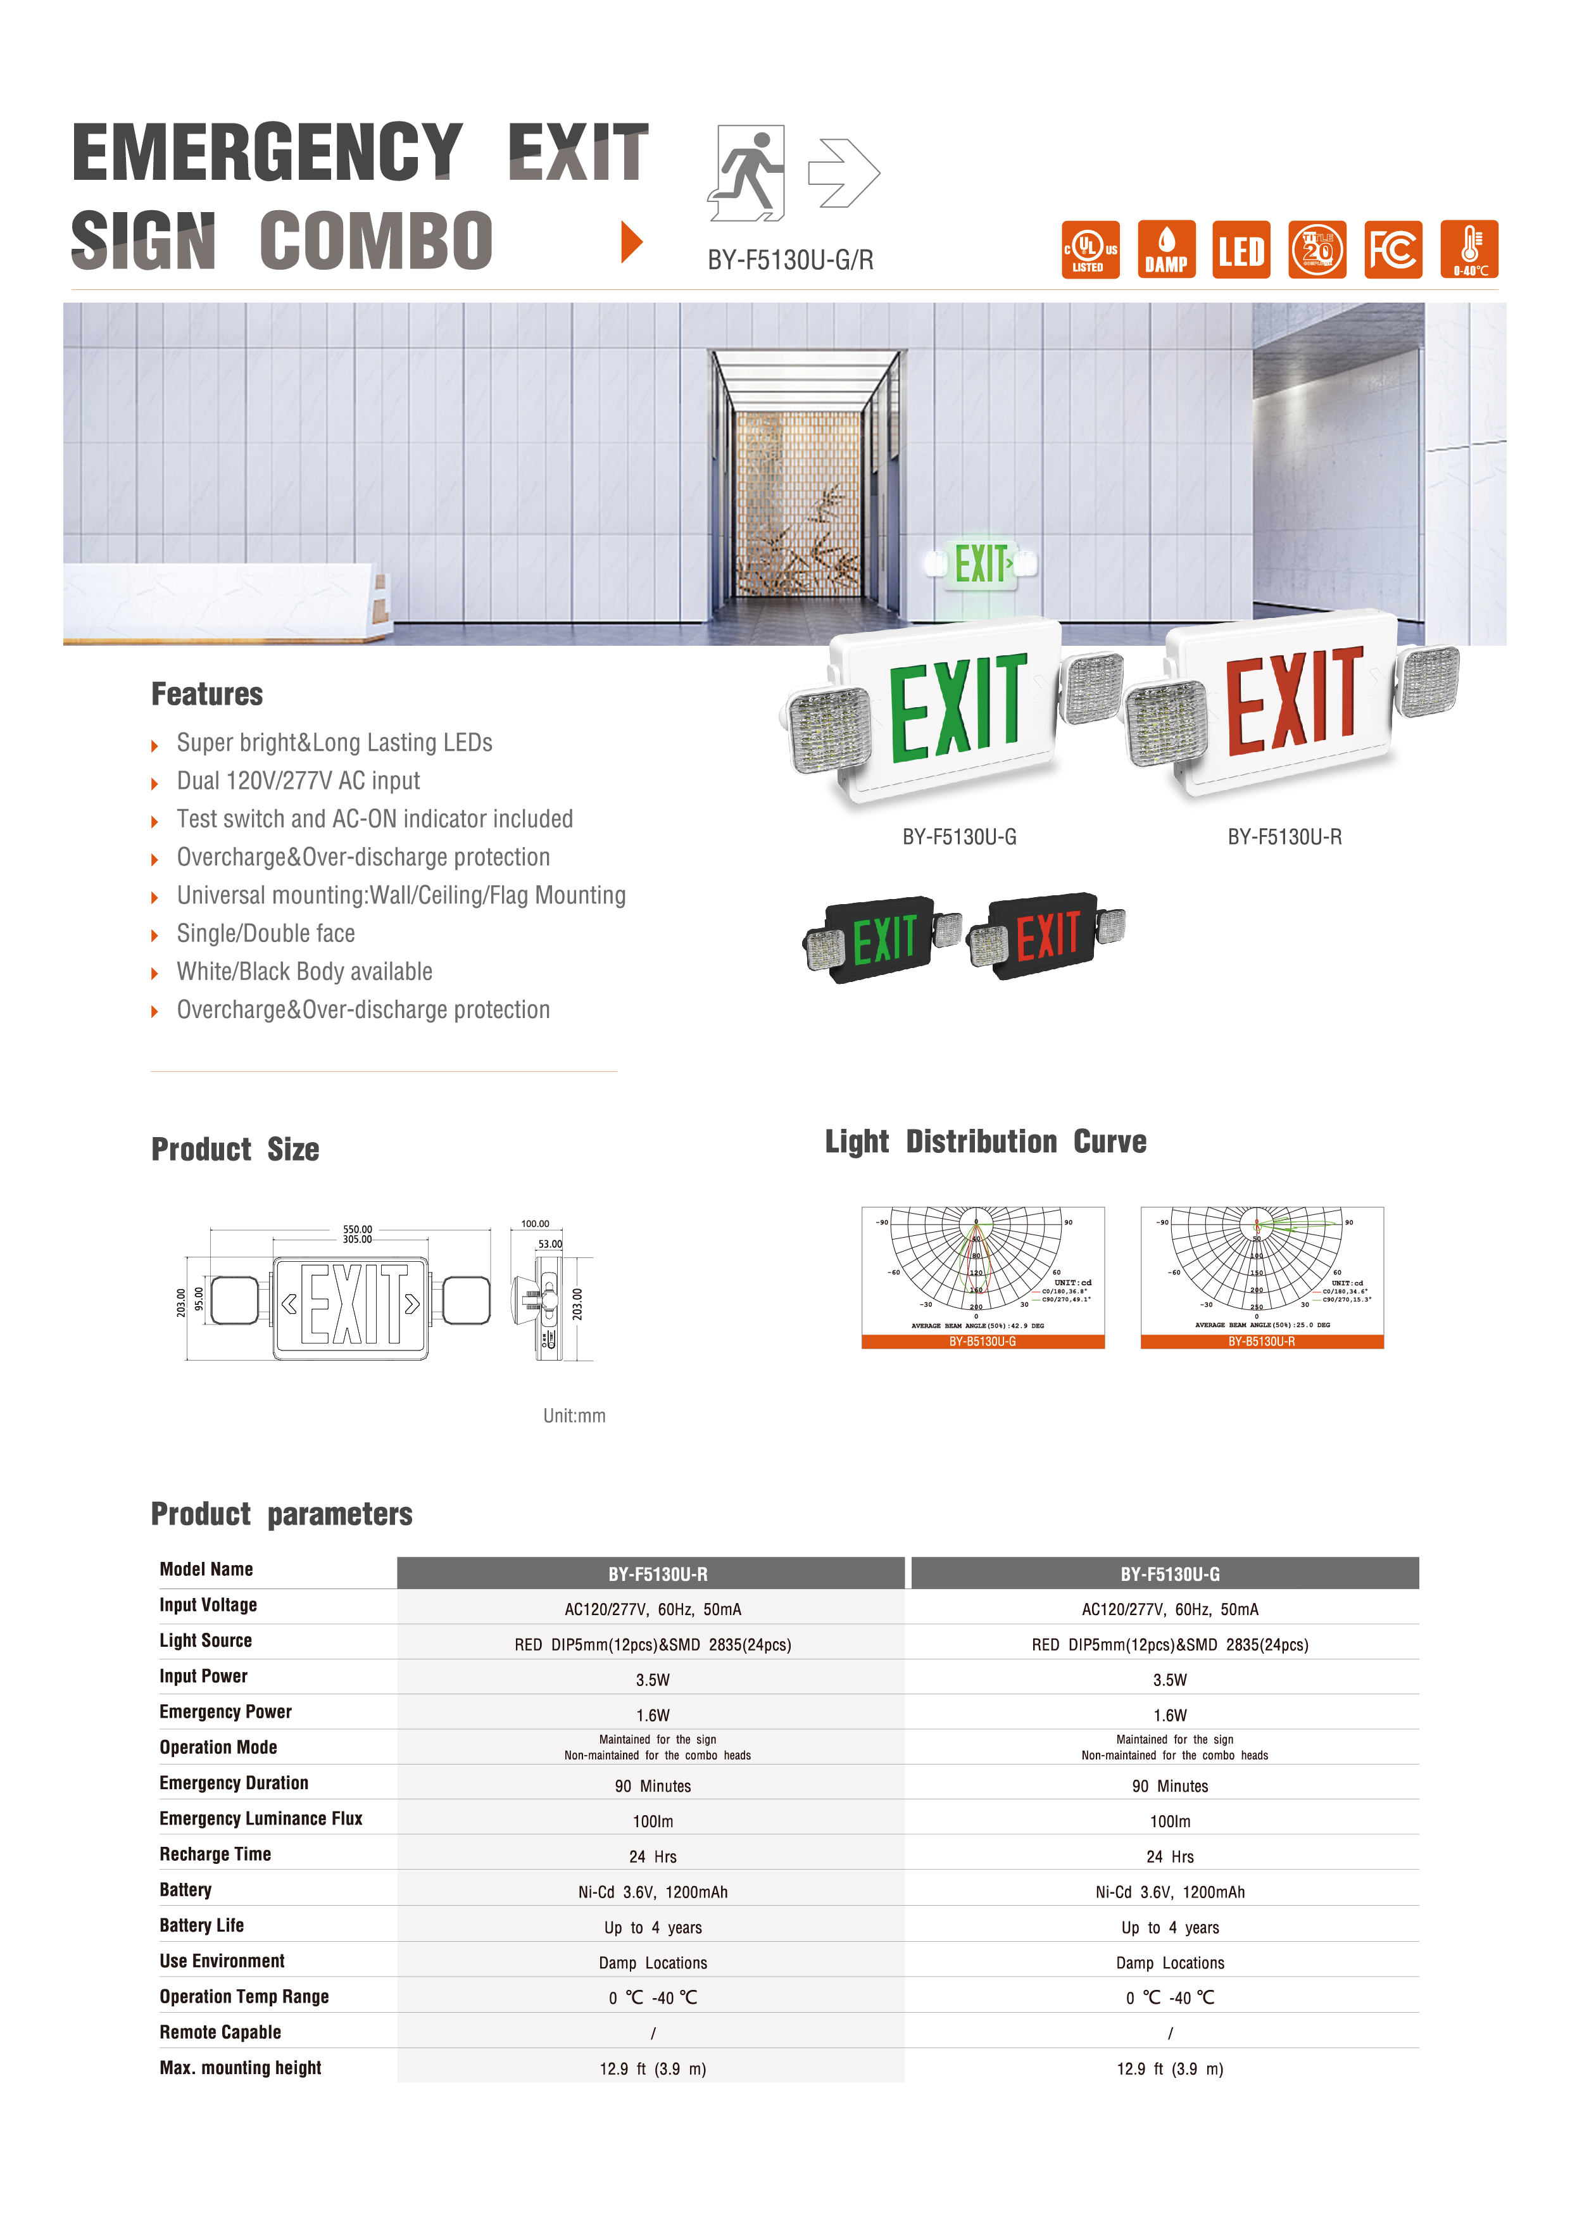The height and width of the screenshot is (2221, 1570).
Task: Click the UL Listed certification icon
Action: [x=1090, y=249]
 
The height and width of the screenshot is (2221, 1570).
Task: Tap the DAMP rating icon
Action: [x=1165, y=249]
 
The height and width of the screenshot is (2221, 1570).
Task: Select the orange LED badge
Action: [x=1241, y=249]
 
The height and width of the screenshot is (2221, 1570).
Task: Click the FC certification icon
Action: [x=1393, y=249]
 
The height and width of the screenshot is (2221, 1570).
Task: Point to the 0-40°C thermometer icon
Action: [x=1469, y=249]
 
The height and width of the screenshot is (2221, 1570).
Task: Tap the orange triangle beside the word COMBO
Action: [x=632, y=241]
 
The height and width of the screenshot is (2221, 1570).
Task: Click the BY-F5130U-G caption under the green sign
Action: [x=958, y=837]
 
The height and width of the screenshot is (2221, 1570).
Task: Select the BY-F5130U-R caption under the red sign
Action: [x=1284, y=837]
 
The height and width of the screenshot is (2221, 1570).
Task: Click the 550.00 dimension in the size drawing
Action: [x=357, y=1228]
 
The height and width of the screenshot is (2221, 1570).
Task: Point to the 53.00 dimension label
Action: [x=549, y=1244]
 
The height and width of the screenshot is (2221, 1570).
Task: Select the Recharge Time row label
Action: [x=215, y=1853]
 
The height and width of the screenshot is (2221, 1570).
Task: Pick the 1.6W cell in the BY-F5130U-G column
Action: [x=1169, y=1715]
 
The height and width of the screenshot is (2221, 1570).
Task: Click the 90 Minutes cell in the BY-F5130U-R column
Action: [x=652, y=1785]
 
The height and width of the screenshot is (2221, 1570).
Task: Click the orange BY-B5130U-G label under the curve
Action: [x=982, y=1342]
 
